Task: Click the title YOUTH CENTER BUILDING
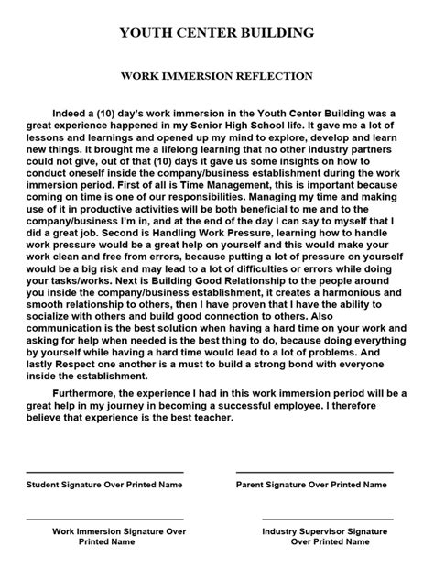coord(217,32)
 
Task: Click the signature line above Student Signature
coord(105,524)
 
